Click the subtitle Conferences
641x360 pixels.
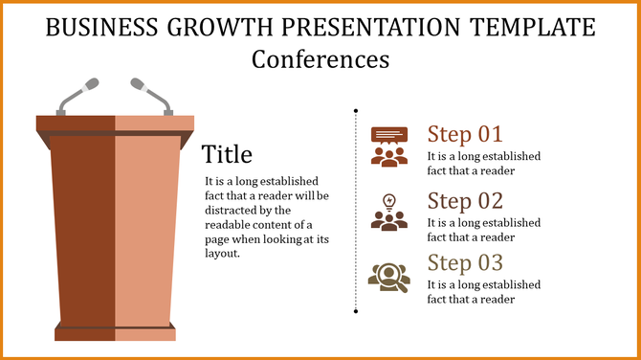tap(320, 58)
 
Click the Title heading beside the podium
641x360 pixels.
tap(228, 154)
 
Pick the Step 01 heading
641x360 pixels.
tap(464, 134)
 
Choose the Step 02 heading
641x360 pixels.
tap(464, 201)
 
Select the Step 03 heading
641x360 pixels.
tap(464, 263)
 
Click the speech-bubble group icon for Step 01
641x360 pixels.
tap(388, 146)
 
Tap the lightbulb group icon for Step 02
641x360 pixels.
tap(388, 212)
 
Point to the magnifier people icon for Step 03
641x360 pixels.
tap(388, 276)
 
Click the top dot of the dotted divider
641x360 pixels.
tap(356, 110)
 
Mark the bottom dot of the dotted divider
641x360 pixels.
tap(356, 311)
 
